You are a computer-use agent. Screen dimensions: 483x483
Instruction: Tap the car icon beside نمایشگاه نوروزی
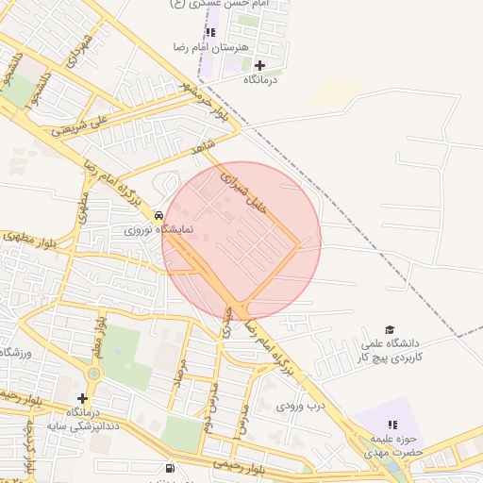158,215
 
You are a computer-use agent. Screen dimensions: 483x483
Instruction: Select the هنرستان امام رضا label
210,46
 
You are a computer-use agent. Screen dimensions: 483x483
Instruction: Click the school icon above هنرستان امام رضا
210,32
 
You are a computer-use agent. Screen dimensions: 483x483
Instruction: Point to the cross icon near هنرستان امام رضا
259,65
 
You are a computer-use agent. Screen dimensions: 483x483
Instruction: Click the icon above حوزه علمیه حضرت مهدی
392,425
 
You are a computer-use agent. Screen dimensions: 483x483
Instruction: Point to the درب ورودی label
300,406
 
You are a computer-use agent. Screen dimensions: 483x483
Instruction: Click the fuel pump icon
170,467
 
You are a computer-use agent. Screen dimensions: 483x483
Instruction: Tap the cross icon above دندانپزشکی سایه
83,399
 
